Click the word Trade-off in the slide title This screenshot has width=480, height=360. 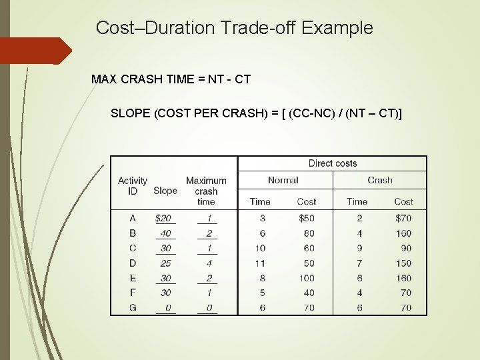click(260, 28)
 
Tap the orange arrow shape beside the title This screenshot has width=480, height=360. click(35, 51)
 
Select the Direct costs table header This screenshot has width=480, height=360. click(333, 163)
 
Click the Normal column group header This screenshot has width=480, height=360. click(283, 180)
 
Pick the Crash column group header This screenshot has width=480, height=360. click(380, 180)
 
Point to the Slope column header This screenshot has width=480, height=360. click(165, 191)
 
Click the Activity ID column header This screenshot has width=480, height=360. click(133, 185)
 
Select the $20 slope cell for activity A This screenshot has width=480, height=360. click(162, 218)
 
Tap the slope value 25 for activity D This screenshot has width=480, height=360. click(165, 263)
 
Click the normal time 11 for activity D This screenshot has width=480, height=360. click(260, 263)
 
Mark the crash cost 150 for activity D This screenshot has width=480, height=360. click(403, 263)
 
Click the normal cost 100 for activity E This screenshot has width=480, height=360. click(307, 277)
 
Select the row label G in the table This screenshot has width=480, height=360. click(133, 307)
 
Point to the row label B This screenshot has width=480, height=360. click(133, 233)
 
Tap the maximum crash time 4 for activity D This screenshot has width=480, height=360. click(209, 263)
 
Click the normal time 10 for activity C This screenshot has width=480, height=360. click(260, 248)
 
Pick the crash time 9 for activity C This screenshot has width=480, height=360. click(359, 248)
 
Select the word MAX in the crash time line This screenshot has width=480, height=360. click(103, 79)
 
